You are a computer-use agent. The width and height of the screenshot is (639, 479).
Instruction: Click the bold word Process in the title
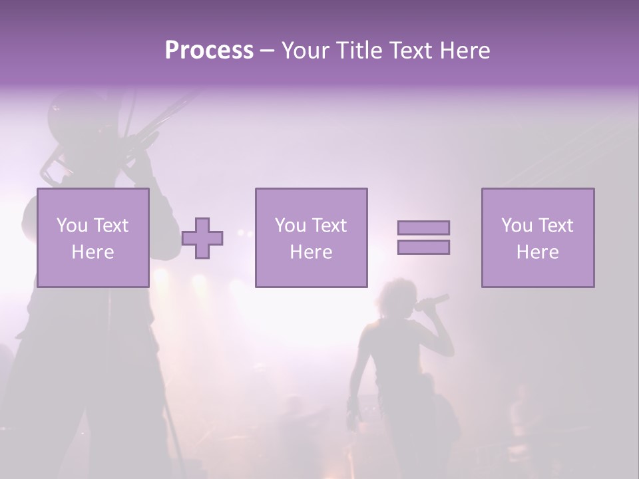(209, 51)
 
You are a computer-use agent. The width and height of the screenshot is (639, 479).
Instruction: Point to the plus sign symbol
(202, 238)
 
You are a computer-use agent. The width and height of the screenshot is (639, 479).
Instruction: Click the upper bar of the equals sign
(423, 228)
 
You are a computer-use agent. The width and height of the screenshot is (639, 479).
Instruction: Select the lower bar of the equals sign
(423, 247)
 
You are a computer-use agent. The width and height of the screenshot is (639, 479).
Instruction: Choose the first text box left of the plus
(93, 238)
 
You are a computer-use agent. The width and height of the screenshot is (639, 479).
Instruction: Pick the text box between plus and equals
(312, 238)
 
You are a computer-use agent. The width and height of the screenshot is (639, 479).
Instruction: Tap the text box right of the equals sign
(538, 238)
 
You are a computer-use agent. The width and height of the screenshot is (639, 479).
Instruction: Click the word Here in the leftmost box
(93, 252)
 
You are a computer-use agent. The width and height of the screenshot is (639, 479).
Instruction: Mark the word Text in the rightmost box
(555, 226)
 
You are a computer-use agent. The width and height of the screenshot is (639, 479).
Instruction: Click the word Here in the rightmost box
(537, 252)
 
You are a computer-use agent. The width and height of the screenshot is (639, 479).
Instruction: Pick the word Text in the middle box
(329, 226)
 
